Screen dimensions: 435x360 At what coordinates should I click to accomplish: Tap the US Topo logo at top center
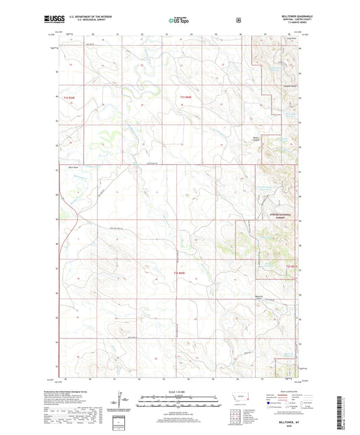pyautogui.click(x=179, y=20)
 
